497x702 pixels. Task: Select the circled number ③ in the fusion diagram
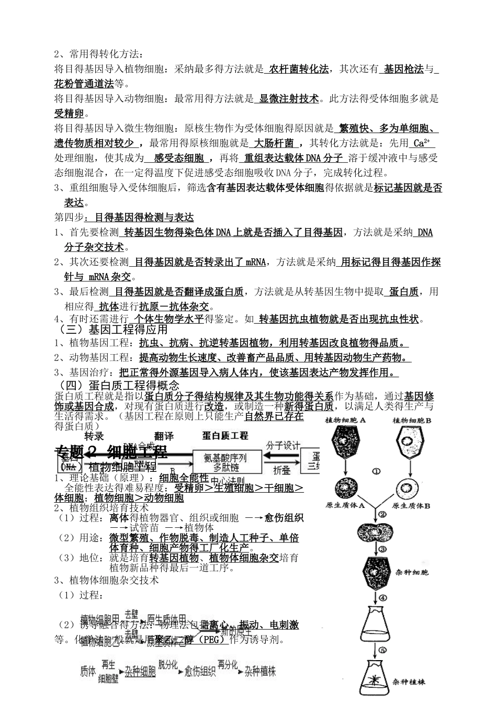[x=382, y=549]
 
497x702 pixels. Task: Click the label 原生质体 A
[x=345, y=506]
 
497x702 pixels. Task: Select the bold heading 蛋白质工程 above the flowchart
[x=225, y=435]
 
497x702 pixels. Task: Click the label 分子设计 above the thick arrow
[x=283, y=445]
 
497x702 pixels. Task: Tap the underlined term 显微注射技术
[x=289, y=98]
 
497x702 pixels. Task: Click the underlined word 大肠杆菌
[x=274, y=143]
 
